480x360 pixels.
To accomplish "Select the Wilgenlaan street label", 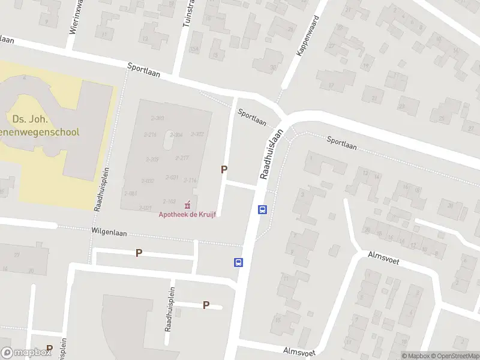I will coord(109,231).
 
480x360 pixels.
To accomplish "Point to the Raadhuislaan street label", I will coord(271,154).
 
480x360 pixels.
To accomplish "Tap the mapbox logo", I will coord(26,353).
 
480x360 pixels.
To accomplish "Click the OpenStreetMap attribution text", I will coord(452,356).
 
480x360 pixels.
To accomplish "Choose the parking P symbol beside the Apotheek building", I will coord(224,170).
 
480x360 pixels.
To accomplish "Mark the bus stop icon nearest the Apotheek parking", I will coord(262,209).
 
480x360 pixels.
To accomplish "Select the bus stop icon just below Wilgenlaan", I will coord(238,262).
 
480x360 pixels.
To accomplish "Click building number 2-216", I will coord(150,134).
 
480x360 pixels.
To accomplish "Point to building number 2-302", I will coord(197,134).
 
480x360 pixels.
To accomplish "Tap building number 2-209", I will coord(152,159).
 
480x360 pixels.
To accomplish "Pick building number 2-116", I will coord(190,180).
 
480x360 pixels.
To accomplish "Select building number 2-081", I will coord(131,193).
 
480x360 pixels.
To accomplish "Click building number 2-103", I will coord(169,202).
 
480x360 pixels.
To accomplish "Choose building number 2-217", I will coord(182,158).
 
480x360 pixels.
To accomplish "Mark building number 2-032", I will coord(148,181).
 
